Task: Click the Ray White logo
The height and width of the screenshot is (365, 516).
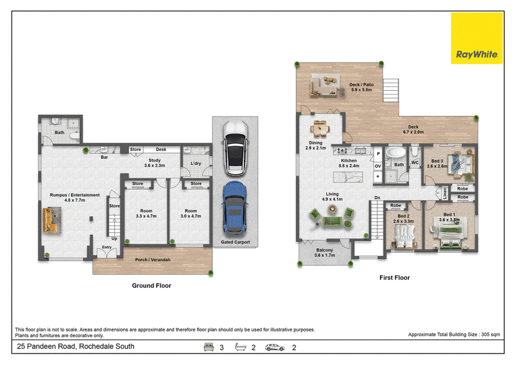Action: (477, 38)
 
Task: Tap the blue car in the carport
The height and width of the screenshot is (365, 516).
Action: (235, 208)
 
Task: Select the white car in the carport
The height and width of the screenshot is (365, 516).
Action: (235, 148)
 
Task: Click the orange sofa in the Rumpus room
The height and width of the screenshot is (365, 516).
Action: (50, 220)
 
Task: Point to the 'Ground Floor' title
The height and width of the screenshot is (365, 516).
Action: (152, 286)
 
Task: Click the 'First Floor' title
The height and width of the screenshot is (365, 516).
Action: (395, 278)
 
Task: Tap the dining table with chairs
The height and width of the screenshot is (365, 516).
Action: (320, 129)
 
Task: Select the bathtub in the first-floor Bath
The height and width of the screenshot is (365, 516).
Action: (395, 153)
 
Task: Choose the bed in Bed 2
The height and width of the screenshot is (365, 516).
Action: (404, 237)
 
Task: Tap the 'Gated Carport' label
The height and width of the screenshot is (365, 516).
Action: (235, 242)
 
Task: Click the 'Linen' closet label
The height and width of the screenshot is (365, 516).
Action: (444, 193)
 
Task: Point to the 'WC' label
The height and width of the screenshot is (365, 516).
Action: (415, 163)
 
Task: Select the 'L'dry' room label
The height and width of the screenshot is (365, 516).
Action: (196, 163)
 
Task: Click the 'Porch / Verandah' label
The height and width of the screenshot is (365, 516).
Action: (153, 260)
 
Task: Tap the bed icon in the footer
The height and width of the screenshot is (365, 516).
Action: (208, 347)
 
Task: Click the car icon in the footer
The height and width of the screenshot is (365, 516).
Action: (275, 348)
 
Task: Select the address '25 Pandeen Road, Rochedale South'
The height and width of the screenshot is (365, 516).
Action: (75, 346)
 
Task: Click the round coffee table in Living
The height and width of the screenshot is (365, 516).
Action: (332, 208)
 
